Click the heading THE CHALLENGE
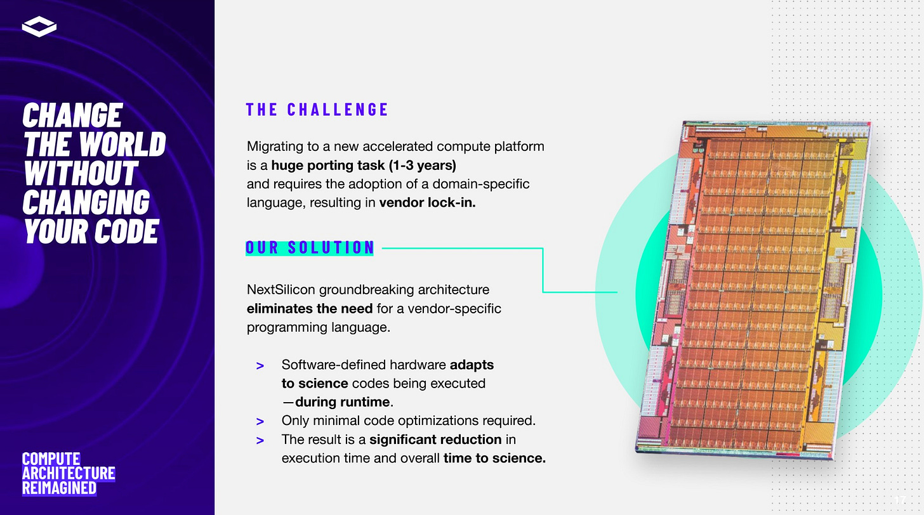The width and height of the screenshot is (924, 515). pos(317,109)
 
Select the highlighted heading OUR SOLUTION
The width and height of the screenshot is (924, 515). pos(310,247)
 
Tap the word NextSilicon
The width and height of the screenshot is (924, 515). pos(280,290)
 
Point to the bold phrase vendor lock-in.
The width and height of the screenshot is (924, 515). pos(427,203)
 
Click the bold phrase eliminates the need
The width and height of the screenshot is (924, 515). pos(309,309)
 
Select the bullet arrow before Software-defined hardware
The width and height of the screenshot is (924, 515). pos(260,366)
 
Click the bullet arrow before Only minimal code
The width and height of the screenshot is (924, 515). pos(260,421)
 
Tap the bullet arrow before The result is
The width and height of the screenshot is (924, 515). pos(260,440)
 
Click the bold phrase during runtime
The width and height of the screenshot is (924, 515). pos(342,402)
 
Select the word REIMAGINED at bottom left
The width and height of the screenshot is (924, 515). pos(59,488)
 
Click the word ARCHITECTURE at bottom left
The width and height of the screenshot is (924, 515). pos(69,473)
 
